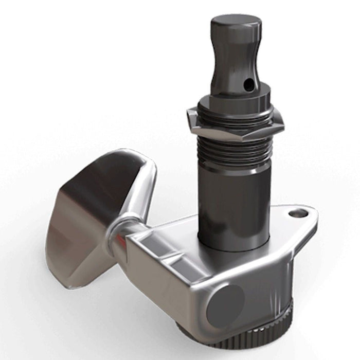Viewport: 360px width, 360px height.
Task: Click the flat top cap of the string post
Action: pos(236,22)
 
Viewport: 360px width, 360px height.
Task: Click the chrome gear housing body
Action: pos(175,267)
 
